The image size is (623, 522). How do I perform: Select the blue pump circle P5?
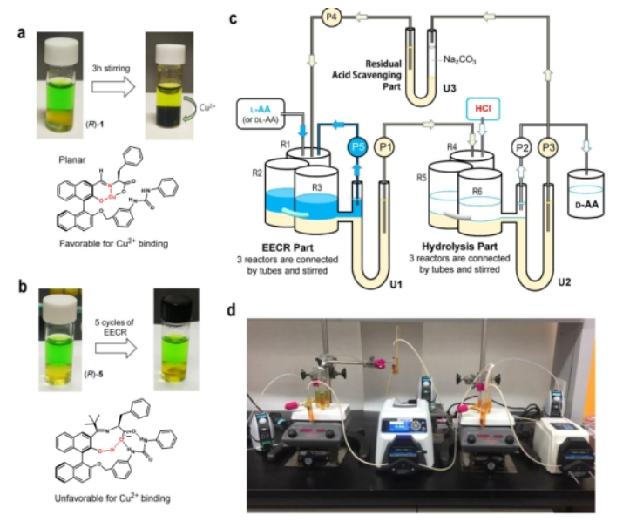[x=356, y=147]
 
